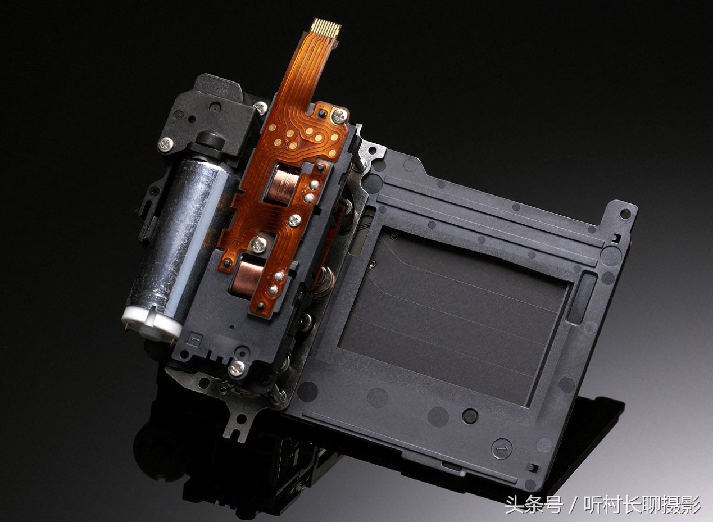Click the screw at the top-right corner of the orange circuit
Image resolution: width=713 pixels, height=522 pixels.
339,115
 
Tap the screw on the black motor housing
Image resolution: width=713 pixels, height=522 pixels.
166,144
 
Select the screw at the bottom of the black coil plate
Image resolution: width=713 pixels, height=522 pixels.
237,368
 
